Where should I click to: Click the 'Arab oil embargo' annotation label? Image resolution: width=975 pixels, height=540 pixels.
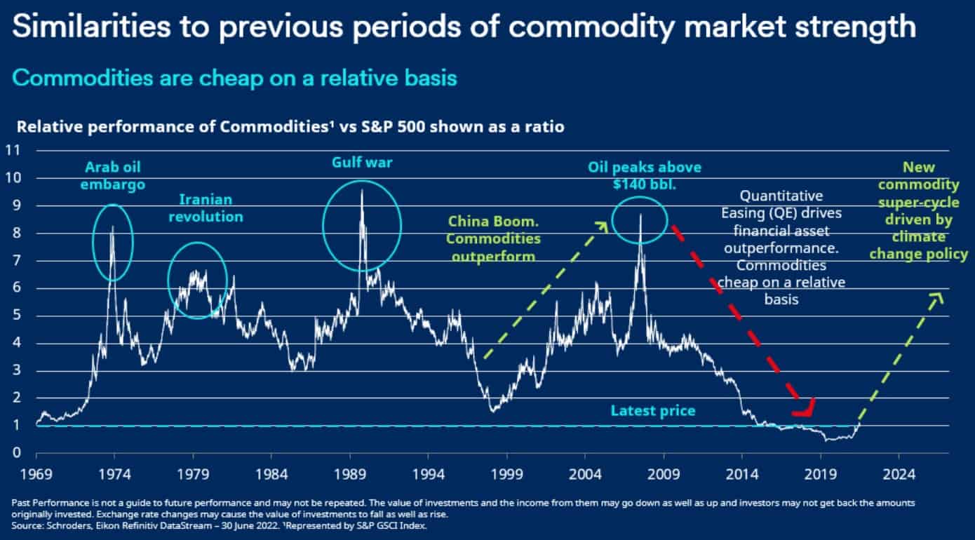tap(114, 175)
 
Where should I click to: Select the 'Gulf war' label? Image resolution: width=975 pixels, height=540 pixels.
tap(362, 163)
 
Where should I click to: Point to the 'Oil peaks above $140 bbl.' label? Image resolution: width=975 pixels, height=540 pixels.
tap(644, 176)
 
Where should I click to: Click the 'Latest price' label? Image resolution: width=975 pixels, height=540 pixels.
tap(652, 410)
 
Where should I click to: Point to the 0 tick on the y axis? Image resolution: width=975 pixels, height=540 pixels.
tap(16, 453)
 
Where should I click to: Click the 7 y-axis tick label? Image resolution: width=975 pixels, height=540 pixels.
tap(16, 261)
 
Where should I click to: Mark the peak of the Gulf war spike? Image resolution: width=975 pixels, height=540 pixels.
tap(361, 190)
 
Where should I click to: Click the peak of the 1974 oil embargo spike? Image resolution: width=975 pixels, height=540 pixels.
tap(112, 226)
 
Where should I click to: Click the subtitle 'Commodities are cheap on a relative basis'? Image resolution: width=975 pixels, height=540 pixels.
tap(234, 78)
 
